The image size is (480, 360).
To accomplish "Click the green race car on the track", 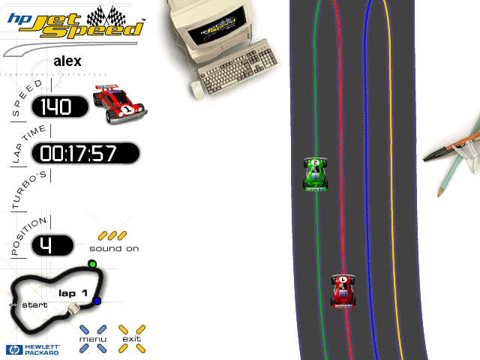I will [316, 174].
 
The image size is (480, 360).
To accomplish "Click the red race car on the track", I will [343, 291].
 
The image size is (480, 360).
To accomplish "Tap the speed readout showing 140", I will [59, 107].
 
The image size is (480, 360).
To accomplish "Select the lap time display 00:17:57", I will [84, 153].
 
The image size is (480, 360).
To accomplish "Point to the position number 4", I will [52, 244].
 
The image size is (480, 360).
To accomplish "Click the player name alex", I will [67, 61].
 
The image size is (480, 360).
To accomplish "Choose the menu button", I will [94, 338].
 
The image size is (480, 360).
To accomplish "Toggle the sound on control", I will [114, 241].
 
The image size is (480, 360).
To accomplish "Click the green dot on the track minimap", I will [92, 264].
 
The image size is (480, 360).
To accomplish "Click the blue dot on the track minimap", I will [97, 301].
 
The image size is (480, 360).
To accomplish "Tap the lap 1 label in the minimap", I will [73, 292].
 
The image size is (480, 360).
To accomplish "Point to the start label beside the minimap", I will [30, 305].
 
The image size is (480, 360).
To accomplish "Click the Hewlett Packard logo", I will [33, 349].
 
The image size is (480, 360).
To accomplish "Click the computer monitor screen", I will [220, 31].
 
